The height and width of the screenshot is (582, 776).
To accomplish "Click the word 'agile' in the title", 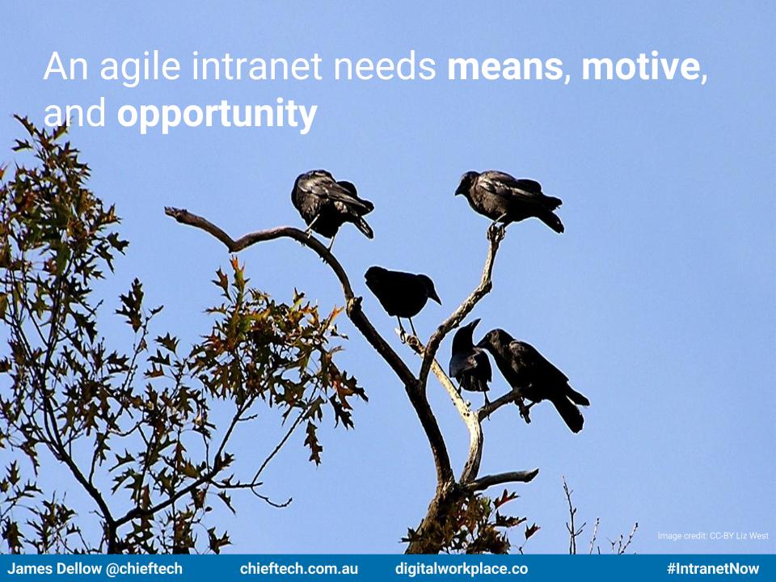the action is coord(140,67).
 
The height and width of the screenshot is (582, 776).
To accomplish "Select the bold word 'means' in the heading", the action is coord(504,66).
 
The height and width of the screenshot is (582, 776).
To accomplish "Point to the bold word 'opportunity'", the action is coord(217,114).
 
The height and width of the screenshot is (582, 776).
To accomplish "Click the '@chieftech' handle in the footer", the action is coord(144,569).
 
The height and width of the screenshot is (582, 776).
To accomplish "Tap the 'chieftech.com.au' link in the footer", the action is coord(299,568).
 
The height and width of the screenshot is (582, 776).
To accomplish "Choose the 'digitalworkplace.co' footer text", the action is coord(462,569).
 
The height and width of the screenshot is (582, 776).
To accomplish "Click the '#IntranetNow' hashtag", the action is coord(713,568).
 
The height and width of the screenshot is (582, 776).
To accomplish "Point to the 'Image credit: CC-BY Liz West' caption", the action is coord(713,535).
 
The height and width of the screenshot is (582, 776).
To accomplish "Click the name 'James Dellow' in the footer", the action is coord(54,568).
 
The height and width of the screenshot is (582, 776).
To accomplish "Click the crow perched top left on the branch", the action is coord(331,205).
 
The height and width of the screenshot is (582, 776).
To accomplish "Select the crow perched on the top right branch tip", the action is coord(510,198).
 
